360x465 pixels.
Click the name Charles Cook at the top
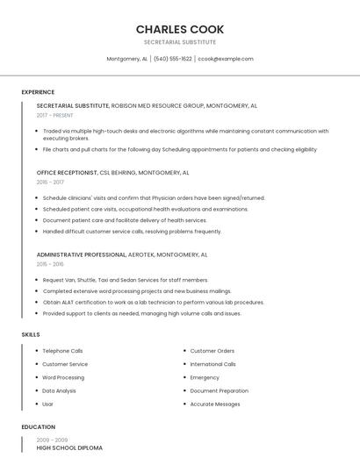[180, 29]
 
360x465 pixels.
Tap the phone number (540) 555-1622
[173, 59]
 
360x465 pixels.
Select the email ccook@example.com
[226, 59]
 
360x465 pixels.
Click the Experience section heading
[38, 92]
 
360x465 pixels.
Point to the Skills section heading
[31, 334]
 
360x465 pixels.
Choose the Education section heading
[39, 427]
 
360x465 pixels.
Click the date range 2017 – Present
[55, 115]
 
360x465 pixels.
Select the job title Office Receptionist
[67, 173]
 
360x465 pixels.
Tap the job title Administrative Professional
[82, 254]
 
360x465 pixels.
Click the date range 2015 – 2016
[50, 264]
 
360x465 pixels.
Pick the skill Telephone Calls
[62, 351]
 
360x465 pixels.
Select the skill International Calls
[212, 364]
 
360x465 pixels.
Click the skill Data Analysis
[59, 390]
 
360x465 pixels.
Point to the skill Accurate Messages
[215, 404]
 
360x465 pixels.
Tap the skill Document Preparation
[219, 390]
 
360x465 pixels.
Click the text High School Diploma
[69, 447]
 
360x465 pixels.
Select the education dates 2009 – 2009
[51, 440]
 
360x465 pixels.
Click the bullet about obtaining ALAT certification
[153, 302]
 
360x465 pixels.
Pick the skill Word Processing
[63, 377]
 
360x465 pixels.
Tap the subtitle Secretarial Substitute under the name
[180, 42]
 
